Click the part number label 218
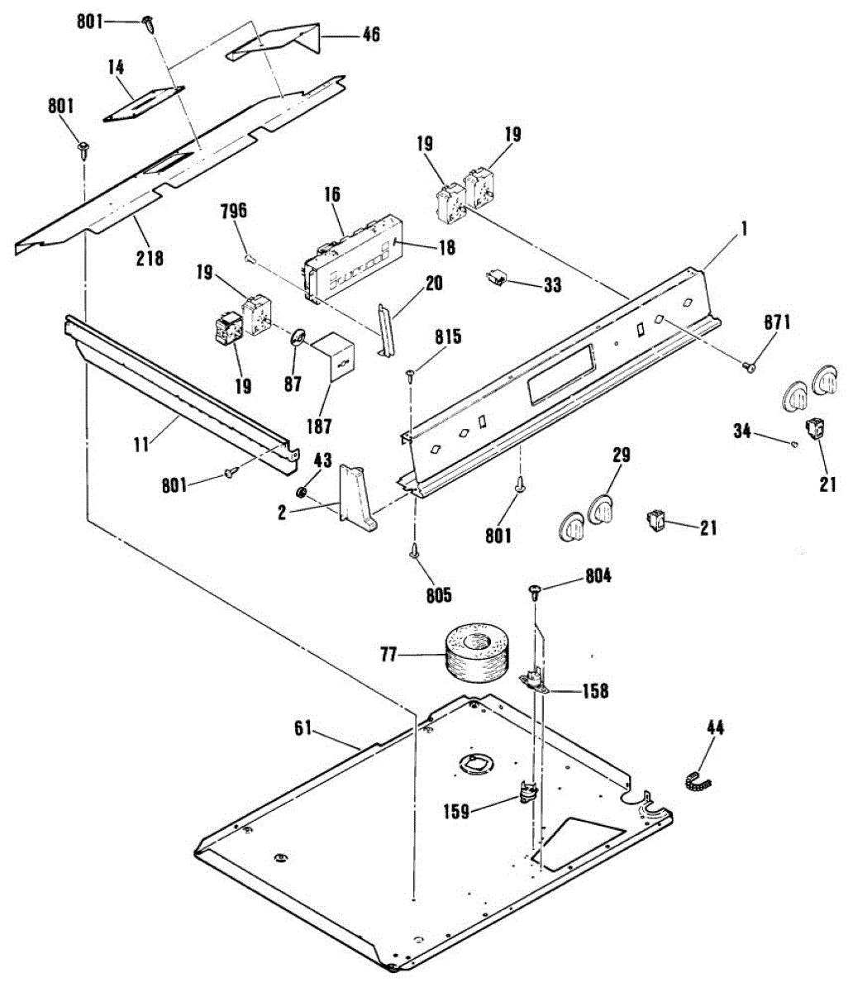(x=150, y=258)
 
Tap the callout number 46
(x=370, y=35)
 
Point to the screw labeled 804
(x=535, y=591)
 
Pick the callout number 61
(x=304, y=728)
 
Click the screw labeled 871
(x=750, y=366)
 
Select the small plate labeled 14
(x=145, y=104)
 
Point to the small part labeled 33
(x=498, y=279)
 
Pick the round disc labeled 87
(x=298, y=338)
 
